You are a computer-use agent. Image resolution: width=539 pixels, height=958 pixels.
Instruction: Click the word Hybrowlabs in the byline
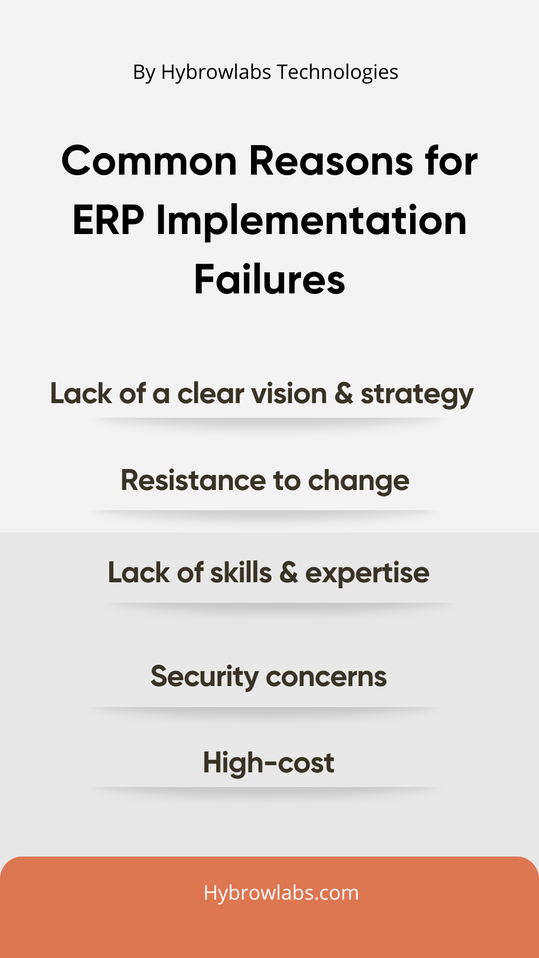tap(216, 73)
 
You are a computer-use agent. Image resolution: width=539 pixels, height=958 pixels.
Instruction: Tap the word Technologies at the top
tap(337, 73)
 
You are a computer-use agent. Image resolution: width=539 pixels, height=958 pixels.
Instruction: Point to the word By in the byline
tap(144, 73)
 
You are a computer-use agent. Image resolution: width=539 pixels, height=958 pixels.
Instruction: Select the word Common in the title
tap(149, 161)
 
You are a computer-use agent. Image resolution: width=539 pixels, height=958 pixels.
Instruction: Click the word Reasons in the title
tap(331, 161)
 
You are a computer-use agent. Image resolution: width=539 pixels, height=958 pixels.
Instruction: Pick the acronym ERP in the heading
tap(108, 220)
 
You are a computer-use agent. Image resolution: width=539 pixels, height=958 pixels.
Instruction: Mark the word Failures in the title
tap(269, 279)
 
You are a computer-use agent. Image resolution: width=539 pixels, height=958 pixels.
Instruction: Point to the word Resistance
tap(194, 480)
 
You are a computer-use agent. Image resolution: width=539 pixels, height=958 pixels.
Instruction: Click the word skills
tap(241, 572)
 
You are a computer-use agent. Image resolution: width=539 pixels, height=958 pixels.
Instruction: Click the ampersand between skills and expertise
tap(288, 573)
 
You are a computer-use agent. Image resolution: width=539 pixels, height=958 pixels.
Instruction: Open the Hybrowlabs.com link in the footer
tap(281, 893)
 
